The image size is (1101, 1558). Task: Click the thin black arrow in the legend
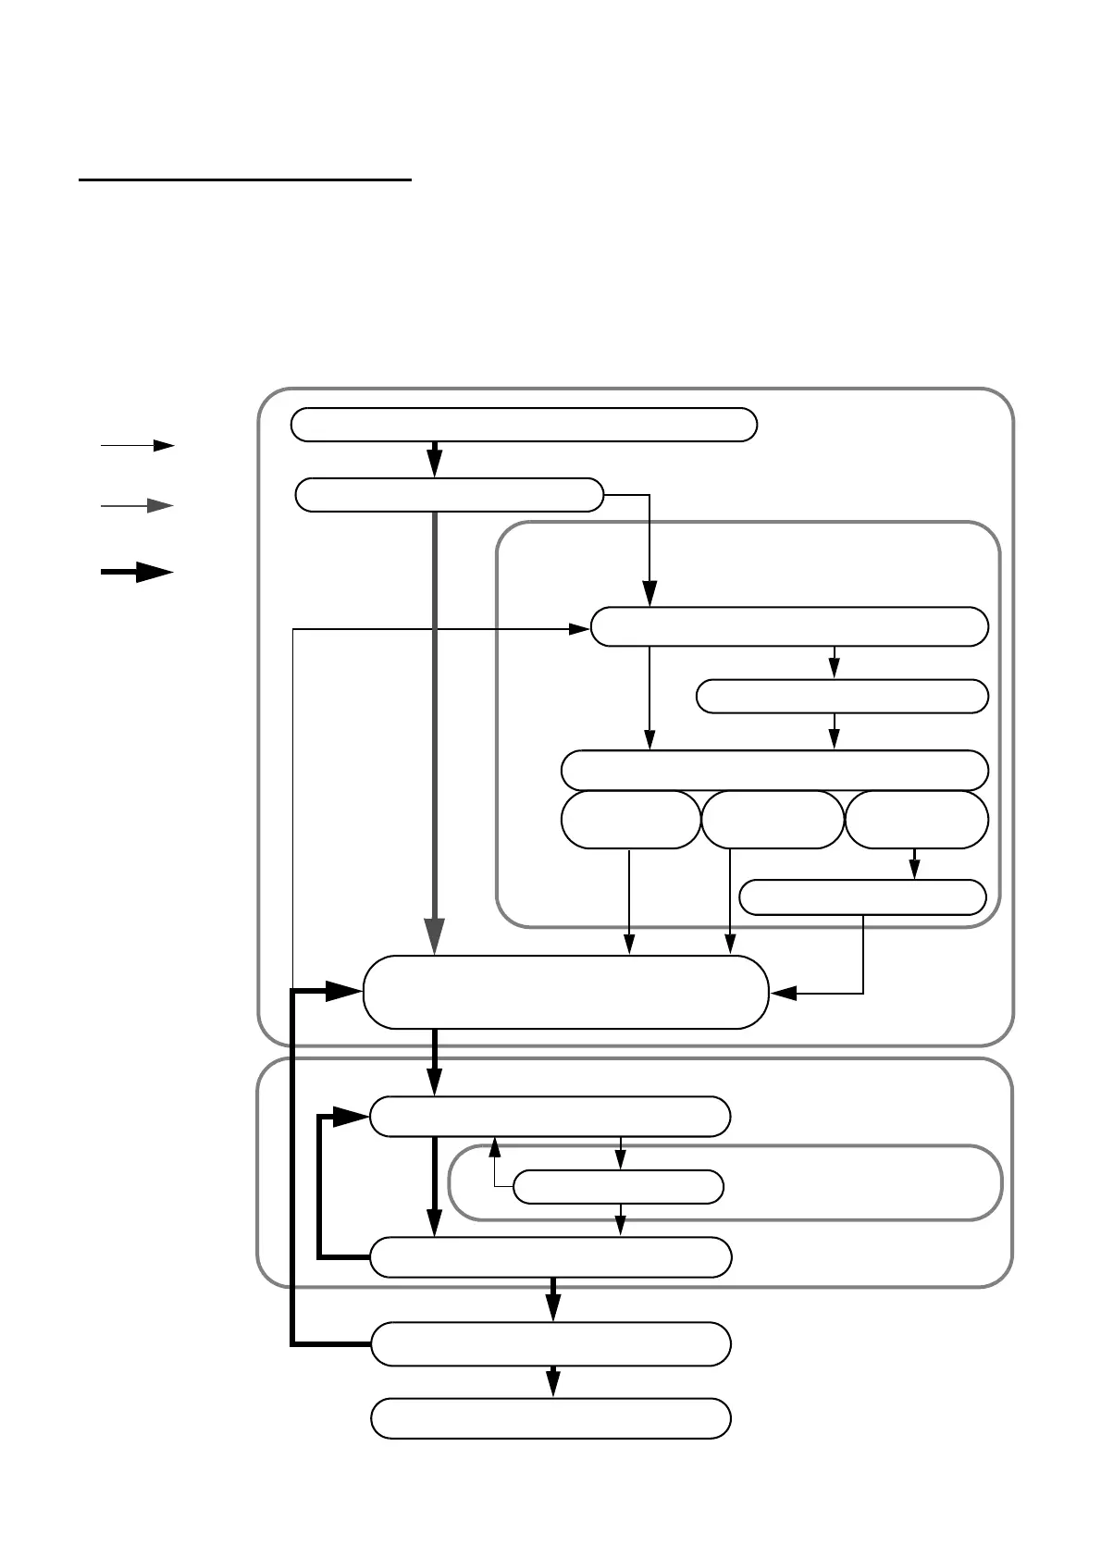pyautogui.click(x=137, y=445)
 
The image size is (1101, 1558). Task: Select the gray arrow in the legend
pyautogui.click(x=137, y=506)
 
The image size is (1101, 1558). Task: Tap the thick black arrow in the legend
pyautogui.click(x=137, y=573)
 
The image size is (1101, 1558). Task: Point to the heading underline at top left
pyautogui.click(x=244, y=180)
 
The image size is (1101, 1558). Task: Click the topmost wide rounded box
pyautogui.click(x=524, y=424)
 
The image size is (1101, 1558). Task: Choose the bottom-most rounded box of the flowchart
pyautogui.click(x=550, y=1418)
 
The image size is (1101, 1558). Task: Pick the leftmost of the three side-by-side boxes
pyautogui.click(x=631, y=819)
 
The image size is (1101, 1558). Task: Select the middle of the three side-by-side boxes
pyautogui.click(x=773, y=819)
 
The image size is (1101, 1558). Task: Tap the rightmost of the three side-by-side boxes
pyautogui.click(x=916, y=819)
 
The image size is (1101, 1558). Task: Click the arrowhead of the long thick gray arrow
pyautogui.click(x=434, y=934)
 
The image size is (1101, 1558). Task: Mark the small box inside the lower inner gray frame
pyautogui.click(x=618, y=1186)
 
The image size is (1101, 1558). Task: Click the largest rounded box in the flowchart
pyautogui.click(x=566, y=992)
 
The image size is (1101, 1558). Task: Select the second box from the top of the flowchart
pyautogui.click(x=449, y=495)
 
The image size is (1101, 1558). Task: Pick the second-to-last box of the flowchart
pyautogui.click(x=550, y=1343)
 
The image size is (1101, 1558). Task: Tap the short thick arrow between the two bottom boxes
pyautogui.click(x=552, y=1380)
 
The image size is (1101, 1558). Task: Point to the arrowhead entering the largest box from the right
pyautogui.click(x=784, y=994)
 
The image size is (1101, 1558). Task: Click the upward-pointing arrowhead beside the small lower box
pyautogui.click(x=495, y=1147)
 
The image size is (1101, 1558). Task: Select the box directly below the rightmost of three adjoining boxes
pyautogui.click(x=862, y=896)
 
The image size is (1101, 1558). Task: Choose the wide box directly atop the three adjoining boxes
pyautogui.click(x=774, y=770)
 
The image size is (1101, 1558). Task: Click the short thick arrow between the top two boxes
pyautogui.click(x=434, y=460)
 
